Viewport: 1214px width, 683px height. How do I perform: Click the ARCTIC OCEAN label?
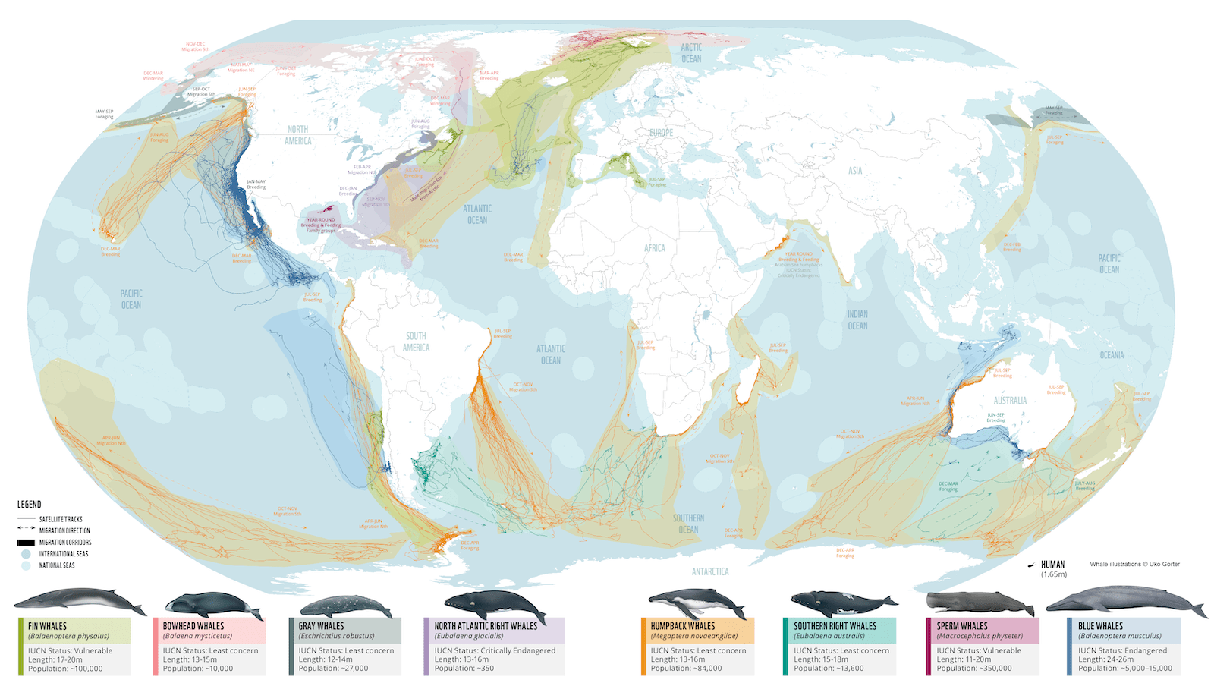coord(690,52)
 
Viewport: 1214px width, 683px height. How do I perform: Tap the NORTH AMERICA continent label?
coord(297,135)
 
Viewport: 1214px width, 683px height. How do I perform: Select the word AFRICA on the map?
coord(654,248)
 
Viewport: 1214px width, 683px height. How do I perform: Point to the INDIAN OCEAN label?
coord(857,319)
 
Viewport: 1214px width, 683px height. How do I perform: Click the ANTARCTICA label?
coord(709,571)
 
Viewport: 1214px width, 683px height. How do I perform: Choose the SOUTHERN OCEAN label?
coord(688,524)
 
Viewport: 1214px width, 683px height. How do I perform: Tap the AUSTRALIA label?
coord(1010,400)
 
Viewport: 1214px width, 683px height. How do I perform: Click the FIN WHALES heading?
coord(47,626)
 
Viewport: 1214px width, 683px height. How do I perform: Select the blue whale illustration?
coord(1125,601)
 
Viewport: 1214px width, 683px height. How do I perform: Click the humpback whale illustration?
coord(696,604)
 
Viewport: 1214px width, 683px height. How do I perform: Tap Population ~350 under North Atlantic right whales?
coord(464,669)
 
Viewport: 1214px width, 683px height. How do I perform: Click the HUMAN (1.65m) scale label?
coord(1052,568)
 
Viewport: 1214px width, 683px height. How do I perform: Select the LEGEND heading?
coord(30,504)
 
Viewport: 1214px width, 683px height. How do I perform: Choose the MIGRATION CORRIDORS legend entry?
coord(64,542)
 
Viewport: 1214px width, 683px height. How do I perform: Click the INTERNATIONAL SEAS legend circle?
coord(26,554)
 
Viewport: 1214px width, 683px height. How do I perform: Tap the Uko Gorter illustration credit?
coord(1134,564)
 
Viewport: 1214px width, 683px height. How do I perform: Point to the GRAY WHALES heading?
coord(321,626)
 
